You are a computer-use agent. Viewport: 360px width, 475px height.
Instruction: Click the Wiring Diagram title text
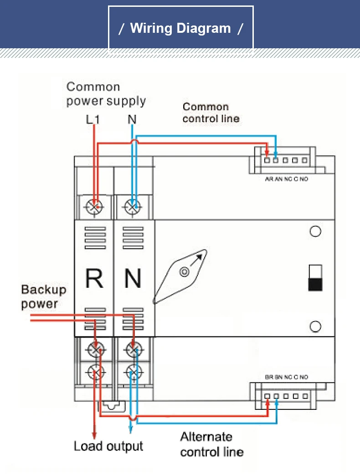[x=180, y=28]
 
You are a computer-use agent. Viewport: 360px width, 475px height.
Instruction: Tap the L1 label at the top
[x=93, y=119]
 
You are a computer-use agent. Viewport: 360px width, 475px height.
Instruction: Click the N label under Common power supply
[x=132, y=119]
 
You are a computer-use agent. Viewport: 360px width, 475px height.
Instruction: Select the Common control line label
[x=211, y=112]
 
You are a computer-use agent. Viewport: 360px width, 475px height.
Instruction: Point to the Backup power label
[x=43, y=296]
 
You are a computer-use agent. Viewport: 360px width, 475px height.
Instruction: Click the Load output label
[x=108, y=446]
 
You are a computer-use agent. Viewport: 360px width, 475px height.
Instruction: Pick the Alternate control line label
[x=211, y=444]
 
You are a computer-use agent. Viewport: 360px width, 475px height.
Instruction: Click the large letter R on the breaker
[x=94, y=278]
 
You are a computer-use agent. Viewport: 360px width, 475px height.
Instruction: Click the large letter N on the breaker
[x=133, y=278]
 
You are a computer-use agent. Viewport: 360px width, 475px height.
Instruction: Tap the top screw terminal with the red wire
[x=94, y=207]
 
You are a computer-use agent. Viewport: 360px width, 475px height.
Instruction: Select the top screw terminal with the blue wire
[x=133, y=207]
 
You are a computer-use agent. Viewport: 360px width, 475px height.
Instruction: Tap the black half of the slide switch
[x=315, y=285]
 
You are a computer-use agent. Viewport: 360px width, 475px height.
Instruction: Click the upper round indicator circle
[x=315, y=232]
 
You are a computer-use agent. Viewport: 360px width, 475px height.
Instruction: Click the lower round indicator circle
[x=315, y=326]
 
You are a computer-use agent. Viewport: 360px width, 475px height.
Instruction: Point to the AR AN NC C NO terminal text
[x=286, y=179]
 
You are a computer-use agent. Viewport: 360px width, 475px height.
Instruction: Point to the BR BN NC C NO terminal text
[x=286, y=377]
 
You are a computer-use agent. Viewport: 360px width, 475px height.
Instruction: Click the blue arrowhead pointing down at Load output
[x=131, y=430]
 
